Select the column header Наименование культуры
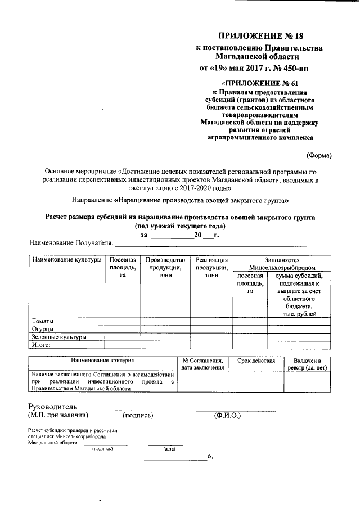(x=66, y=260)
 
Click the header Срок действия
(x=256, y=360)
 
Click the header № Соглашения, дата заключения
(x=203, y=363)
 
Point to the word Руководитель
(x=53, y=407)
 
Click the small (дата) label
(x=168, y=449)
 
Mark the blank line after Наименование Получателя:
(x=211, y=243)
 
